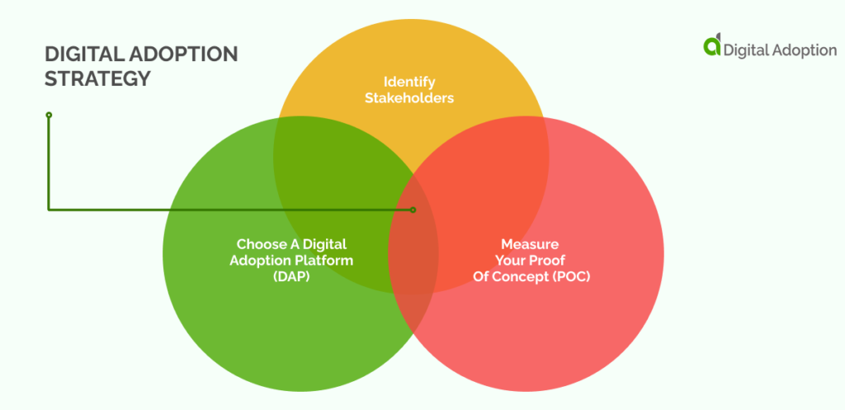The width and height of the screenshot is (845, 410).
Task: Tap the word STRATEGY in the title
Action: point(97,78)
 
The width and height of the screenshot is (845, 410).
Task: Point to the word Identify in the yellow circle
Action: point(409,82)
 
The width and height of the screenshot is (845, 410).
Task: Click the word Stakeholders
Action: point(409,98)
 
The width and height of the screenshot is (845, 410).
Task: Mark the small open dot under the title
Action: point(49,115)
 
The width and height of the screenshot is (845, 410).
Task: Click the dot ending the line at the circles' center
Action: point(413,210)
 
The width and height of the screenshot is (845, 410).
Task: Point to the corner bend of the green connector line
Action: point(49,210)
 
